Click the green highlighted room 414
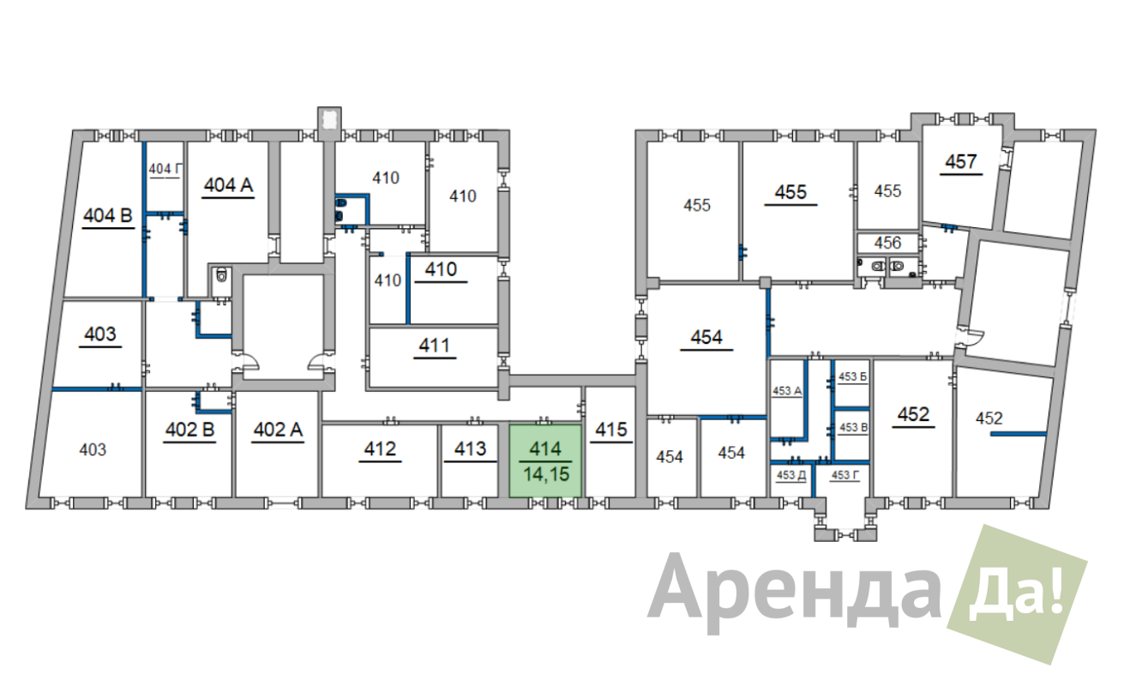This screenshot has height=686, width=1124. [x=545, y=460]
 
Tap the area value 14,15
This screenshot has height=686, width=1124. [x=546, y=474]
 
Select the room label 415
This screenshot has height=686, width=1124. [x=611, y=430]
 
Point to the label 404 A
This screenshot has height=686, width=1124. [x=228, y=185]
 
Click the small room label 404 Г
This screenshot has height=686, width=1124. [x=165, y=169]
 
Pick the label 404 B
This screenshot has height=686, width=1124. [x=108, y=216]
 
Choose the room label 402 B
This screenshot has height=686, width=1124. [x=190, y=430]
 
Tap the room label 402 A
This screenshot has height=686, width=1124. [x=278, y=430]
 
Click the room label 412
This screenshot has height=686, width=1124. [x=381, y=448]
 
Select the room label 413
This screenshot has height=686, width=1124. [x=470, y=448]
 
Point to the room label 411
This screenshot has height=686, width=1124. [x=435, y=346]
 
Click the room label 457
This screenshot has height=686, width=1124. [x=961, y=161]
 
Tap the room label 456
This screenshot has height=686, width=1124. [x=887, y=243]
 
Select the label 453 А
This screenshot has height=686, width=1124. [x=787, y=391]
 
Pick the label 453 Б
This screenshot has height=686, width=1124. [x=852, y=376]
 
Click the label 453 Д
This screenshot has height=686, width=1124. [x=791, y=475]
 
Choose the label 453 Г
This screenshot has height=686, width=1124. [x=845, y=475]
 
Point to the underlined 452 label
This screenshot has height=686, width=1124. [x=914, y=414]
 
